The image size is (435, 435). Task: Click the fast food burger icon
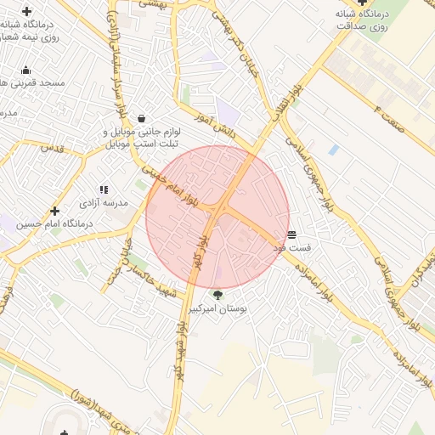click(x=291, y=234)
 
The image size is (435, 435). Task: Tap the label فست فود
click(x=291, y=247)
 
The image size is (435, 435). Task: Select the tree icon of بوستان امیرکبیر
click(x=217, y=296)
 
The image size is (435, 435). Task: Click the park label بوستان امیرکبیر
click(x=217, y=310)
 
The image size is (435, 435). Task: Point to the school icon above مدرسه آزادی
click(x=104, y=190)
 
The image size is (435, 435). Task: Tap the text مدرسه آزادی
click(x=104, y=204)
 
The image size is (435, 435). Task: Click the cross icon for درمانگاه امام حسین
click(x=55, y=211)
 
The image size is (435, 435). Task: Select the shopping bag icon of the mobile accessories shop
click(x=140, y=118)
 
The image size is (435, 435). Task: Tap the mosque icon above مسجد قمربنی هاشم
click(x=26, y=71)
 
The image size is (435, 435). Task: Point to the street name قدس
click(x=52, y=148)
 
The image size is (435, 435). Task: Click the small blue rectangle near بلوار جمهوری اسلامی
click(x=333, y=150)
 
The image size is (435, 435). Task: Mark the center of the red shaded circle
click(x=217, y=217)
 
